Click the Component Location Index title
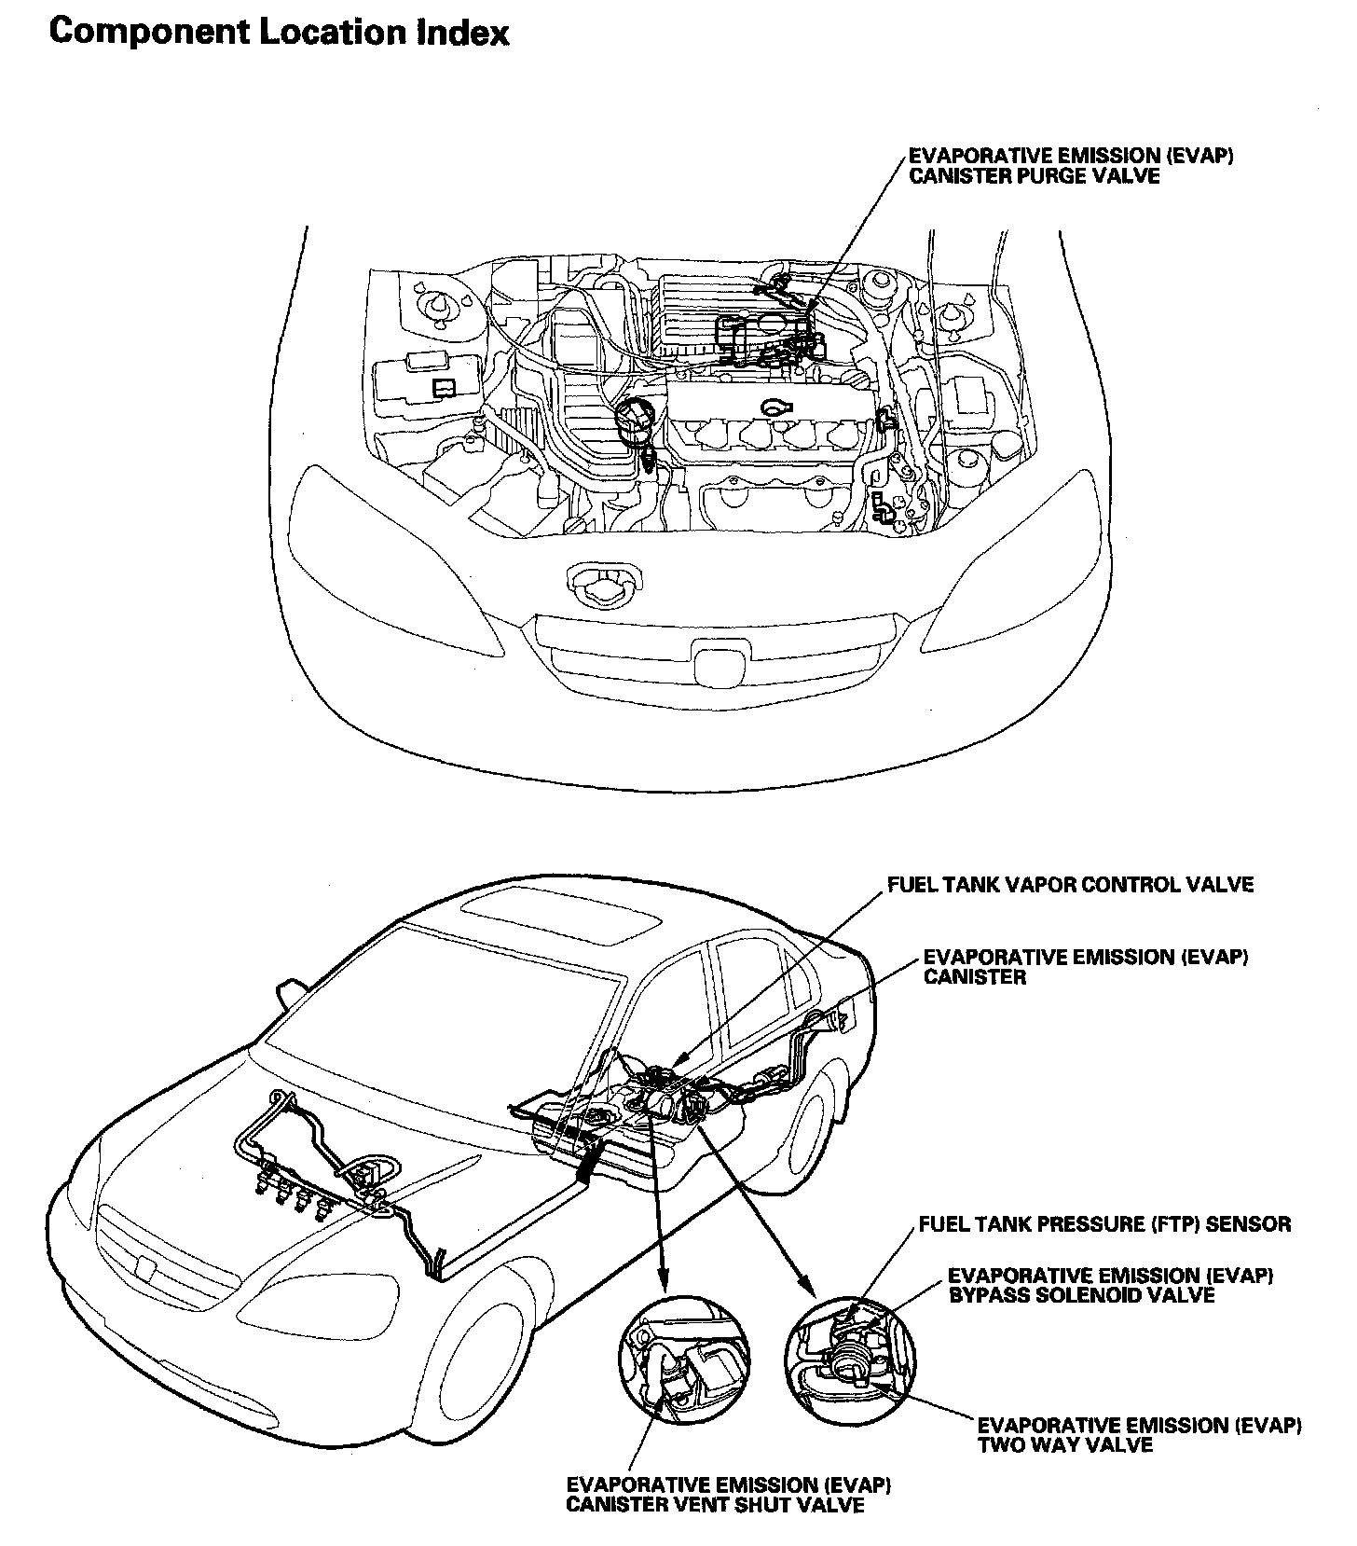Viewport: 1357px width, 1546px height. tap(279, 33)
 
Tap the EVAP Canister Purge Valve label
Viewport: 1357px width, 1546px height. tap(1071, 165)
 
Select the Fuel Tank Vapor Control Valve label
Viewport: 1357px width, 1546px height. tap(1070, 884)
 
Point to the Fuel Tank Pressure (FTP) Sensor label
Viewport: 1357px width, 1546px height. tap(1104, 1223)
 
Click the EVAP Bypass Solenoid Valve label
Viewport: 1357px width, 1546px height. tap(1110, 1285)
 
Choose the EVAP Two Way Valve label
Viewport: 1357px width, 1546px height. tap(1139, 1435)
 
